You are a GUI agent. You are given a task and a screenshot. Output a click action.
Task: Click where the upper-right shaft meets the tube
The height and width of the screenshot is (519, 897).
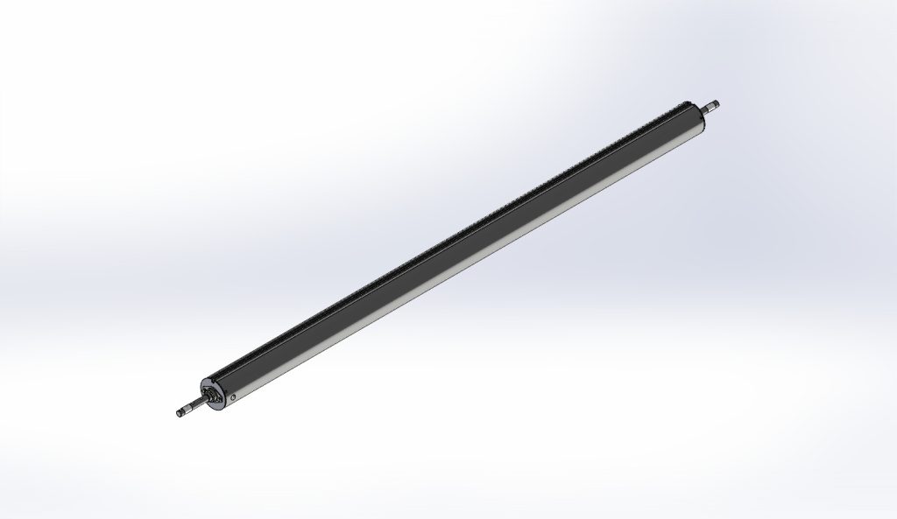coord(702,111)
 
